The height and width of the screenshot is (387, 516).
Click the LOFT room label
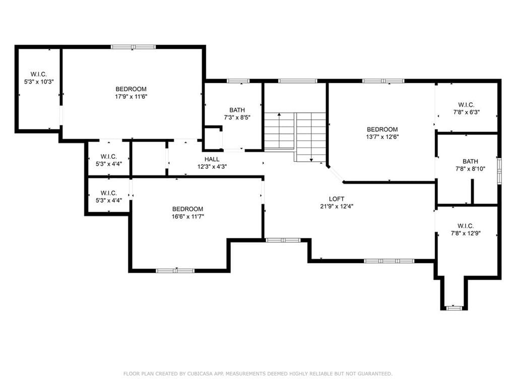tap(337, 199)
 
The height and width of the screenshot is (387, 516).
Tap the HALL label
tap(212, 159)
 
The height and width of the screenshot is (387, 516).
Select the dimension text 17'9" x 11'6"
tap(131, 97)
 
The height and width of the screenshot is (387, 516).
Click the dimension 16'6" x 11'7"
tap(188, 217)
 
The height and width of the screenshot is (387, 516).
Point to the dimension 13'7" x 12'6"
tap(382, 137)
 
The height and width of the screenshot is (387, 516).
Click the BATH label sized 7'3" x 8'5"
tap(237, 110)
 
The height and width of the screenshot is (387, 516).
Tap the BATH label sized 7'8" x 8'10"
tap(470, 161)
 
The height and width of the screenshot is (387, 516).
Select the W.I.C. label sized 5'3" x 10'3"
tap(39, 75)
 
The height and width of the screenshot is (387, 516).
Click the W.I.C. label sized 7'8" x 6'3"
tap(466, 105)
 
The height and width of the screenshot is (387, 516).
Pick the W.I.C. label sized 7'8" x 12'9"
tap(466, 226)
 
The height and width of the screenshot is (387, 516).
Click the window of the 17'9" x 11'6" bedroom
tap(133, 47)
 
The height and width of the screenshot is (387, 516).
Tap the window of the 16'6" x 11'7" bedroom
tap(175, 271)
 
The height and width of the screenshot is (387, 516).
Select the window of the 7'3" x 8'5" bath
tap(238, 81)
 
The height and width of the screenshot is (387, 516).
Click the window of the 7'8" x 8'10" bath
tap(499, 171)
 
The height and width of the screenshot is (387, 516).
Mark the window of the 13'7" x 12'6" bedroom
tap(383, 81)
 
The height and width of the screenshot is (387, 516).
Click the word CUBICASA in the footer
tap(201, 373)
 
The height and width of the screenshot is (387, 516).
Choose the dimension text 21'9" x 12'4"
tap(337, 206)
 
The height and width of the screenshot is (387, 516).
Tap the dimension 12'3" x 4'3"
tap(212, 167)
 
